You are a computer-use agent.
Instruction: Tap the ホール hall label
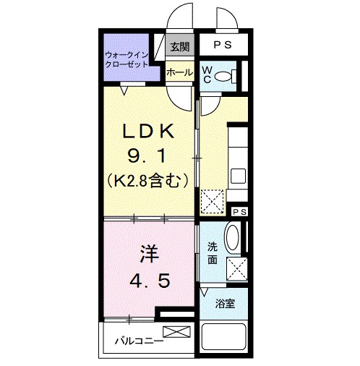coord(179,72)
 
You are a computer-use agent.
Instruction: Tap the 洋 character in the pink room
coord(148,254)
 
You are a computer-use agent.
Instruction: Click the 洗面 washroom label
coord(213,252)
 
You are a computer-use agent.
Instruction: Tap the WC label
coord(207,75)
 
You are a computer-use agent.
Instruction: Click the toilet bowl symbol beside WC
coord(226,75)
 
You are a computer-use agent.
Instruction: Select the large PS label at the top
coord(223,44)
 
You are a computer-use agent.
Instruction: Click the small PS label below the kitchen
coord(239,210)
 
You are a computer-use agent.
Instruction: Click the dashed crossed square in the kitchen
coord(213,201)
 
